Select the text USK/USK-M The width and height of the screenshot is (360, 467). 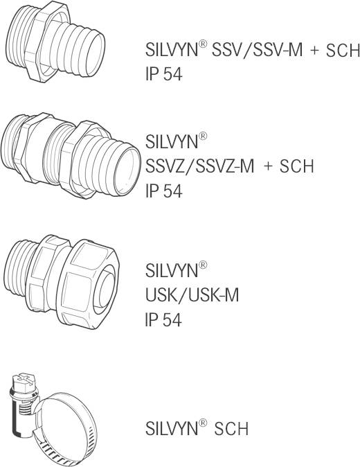[x=192, y=295]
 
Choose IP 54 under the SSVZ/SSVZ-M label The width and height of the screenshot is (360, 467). [x=163, y=191]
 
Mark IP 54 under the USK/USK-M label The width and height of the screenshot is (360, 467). [x=163, y=320]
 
